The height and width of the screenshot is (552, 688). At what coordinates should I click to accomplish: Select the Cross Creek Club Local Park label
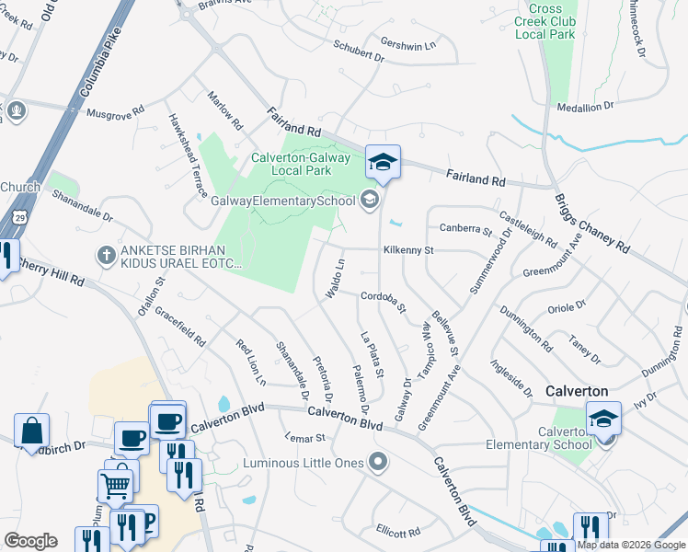545,21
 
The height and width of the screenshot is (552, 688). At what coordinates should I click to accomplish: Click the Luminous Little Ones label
304,462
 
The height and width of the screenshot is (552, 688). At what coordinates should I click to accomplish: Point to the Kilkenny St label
407,249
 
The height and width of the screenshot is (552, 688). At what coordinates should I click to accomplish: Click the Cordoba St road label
383,300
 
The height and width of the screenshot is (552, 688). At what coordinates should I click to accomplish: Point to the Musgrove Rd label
115,112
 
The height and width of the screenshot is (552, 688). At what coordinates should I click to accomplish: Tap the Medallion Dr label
585,107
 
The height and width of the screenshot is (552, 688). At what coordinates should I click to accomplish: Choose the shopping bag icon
31,431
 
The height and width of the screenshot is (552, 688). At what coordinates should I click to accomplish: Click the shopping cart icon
115,484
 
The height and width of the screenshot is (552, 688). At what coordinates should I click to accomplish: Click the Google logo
30,540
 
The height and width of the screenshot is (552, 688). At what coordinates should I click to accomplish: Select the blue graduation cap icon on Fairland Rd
383,164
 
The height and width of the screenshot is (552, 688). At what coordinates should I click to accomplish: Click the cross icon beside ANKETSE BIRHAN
107,255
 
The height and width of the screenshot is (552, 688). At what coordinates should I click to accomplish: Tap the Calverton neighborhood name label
576,390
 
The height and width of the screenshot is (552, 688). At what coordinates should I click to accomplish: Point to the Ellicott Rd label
397,532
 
